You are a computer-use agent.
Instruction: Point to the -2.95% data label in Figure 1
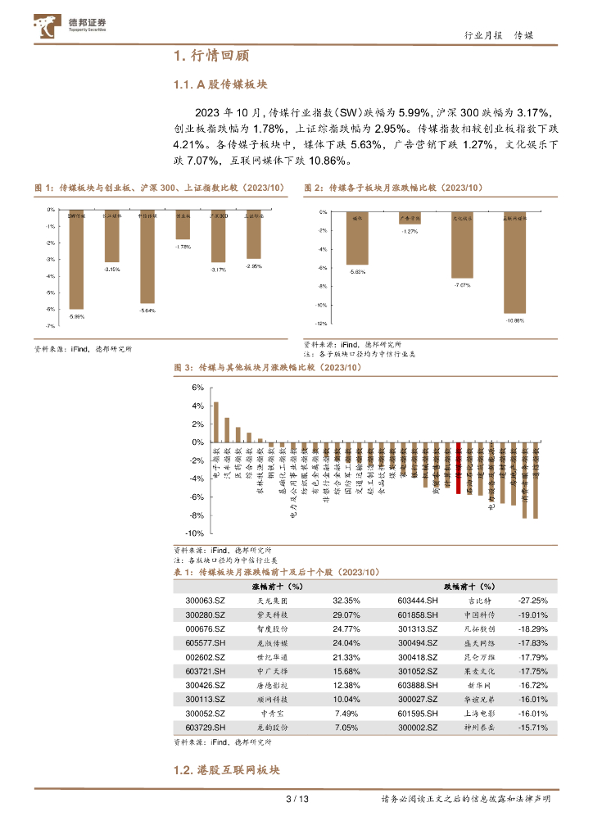pos(254,266)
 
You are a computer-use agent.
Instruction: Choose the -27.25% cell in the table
pos(533,600)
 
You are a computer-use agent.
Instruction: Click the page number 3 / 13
pos(296,799)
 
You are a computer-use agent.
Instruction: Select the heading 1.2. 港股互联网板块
pos(228,771)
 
